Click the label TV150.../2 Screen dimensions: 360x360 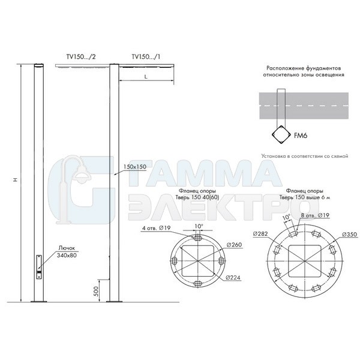tap(81, 57)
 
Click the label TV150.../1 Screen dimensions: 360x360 tap(146, 57)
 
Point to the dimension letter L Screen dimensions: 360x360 tap(146, 77)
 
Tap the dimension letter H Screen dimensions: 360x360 tap(16, 179)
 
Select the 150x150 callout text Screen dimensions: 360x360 tap(135, 167)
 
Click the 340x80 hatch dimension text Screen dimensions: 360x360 tap(67, 255)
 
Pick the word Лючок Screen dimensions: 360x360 tap(67, 248)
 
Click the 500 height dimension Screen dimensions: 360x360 tap(97, 291)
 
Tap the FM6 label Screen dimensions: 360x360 tap(301, 136)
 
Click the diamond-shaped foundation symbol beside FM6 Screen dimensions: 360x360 tap(281, 135)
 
